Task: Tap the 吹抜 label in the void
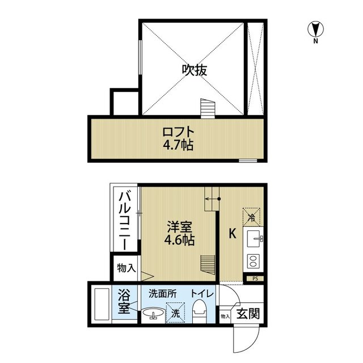point(194,70)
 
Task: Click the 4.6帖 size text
point(179,240)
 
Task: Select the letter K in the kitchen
point(231,233)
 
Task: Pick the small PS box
point(255,278)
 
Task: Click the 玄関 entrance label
point(246,313)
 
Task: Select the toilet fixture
point(199,310)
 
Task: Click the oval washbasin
point(153,313)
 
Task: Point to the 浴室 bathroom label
point(125,302)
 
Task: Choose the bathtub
point(102,305)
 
